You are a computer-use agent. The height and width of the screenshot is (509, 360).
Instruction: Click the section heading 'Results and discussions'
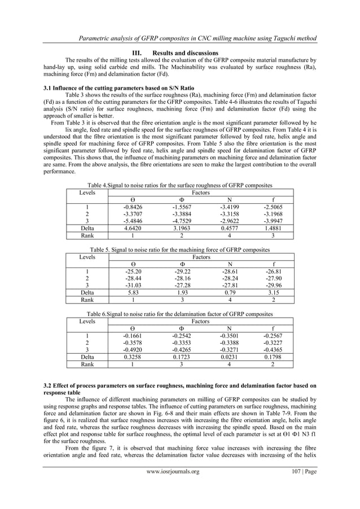(188, 53)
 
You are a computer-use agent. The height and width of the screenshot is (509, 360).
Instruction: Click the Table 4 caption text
(180, 185)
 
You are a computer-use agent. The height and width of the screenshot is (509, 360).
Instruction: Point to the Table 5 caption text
(180, 249)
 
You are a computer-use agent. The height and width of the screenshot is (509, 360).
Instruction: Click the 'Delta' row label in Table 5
(87, 293)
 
